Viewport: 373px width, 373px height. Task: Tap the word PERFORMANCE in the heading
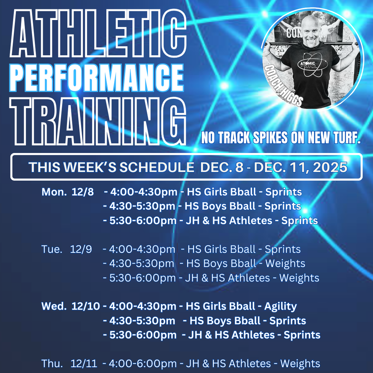point(97,77)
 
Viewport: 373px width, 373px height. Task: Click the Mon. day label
point(54,192)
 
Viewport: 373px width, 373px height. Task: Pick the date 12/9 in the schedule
point(81,250)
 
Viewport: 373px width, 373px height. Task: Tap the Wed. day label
point(54,306)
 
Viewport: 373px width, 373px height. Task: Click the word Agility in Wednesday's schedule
point(280,306)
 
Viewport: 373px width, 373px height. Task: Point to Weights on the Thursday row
point(300,364)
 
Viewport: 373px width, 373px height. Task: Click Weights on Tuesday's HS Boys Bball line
point(285,264)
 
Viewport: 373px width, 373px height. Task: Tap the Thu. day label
point(52,364)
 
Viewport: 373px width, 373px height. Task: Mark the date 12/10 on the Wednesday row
point(86,306)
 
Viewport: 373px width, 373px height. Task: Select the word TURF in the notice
point(343,138)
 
